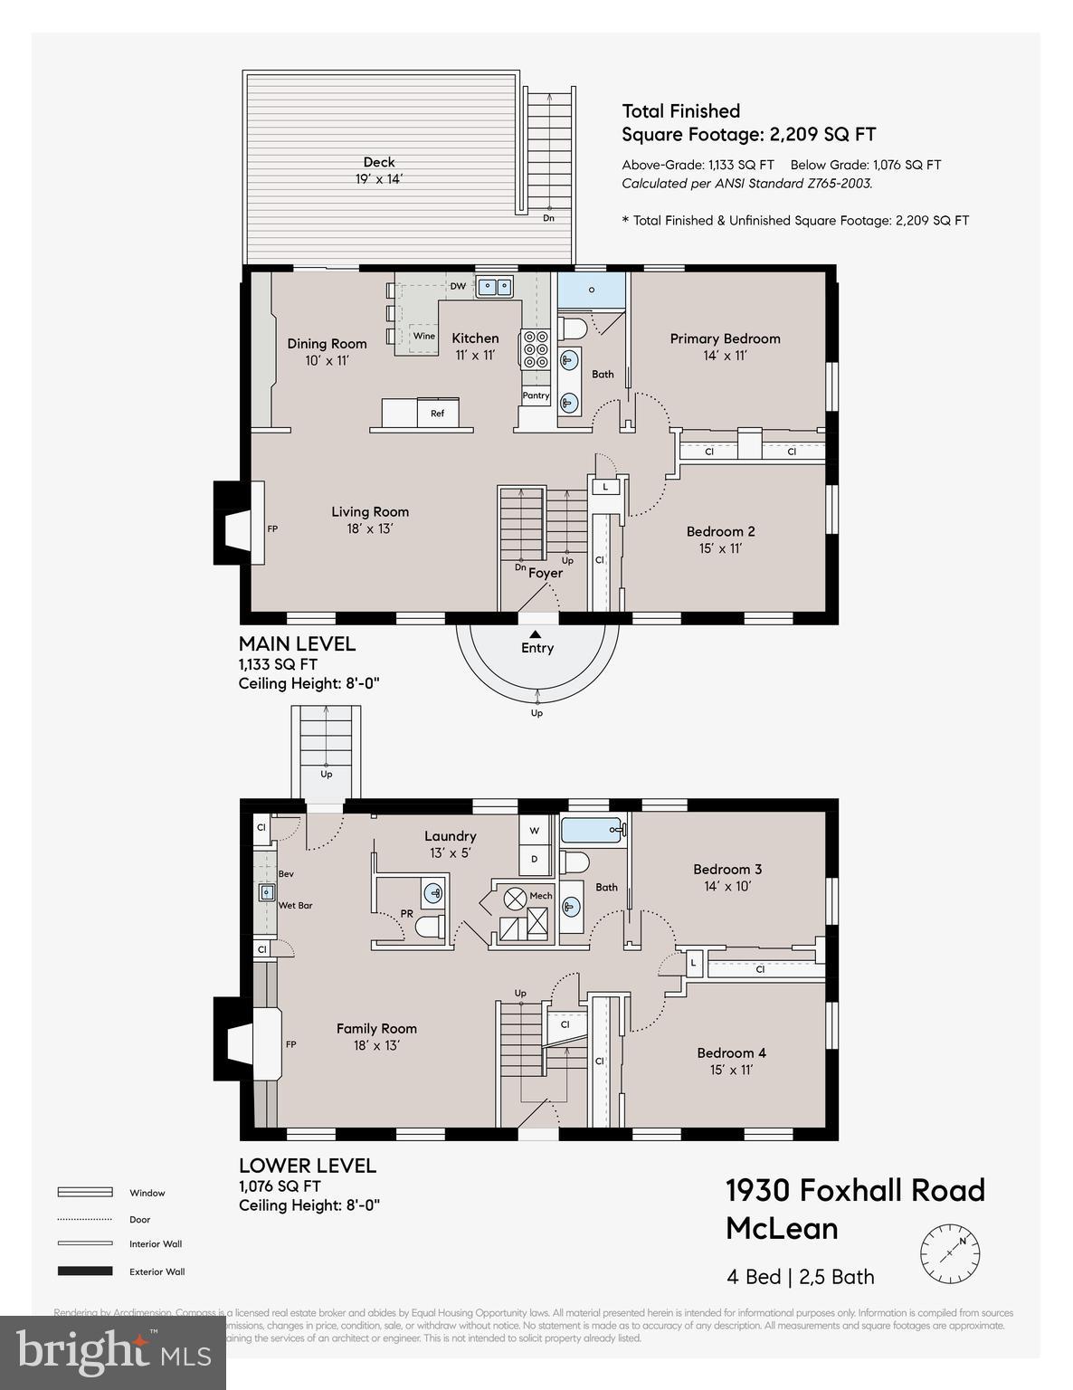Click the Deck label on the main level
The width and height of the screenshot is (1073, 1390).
point(379,163)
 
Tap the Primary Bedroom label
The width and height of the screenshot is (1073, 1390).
point(725,338)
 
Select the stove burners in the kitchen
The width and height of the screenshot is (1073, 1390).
point(534,347)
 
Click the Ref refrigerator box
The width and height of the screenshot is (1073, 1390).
point(437,414)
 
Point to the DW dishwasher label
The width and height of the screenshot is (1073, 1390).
point(458,287)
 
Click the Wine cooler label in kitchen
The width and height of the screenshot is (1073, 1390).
point(423,336)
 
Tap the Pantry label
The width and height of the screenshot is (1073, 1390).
point(536,395)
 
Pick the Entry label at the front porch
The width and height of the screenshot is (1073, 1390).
point(537,648)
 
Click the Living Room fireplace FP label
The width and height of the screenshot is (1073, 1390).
point(272,528)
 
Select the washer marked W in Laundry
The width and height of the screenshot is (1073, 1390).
point(534,830)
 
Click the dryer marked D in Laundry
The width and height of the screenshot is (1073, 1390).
point(534,858)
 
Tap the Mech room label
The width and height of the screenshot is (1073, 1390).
point(541,896)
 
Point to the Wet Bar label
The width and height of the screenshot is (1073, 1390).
point(296,905)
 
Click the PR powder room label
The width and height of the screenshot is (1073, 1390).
point(407,914)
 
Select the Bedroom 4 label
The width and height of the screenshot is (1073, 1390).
point(731,1052)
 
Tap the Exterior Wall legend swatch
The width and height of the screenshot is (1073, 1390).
point(85,1271)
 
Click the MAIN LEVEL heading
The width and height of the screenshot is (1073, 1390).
point(297,644)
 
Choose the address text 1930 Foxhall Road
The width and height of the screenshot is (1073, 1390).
point(855,1190)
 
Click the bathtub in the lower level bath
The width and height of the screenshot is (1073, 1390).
point(593,829)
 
